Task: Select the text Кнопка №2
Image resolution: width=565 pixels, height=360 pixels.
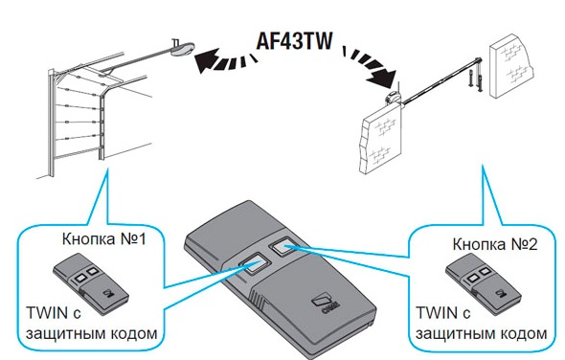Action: point(498,243)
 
